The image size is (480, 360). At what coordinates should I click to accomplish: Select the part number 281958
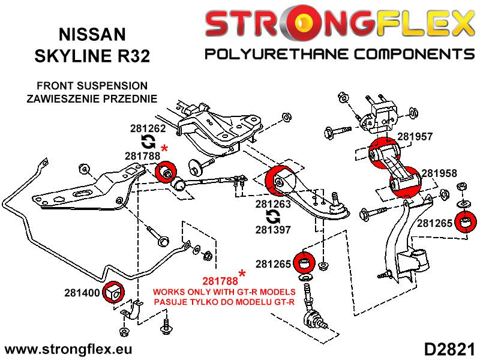439,173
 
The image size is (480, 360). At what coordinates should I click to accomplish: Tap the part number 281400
83,293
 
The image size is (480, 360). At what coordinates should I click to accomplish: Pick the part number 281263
274,204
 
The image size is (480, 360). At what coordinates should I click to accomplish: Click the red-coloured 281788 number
220,280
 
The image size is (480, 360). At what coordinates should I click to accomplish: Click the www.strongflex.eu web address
68,349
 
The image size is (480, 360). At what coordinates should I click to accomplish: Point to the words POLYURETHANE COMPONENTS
340,55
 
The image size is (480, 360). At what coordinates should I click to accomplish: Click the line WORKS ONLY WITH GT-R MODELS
224,292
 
